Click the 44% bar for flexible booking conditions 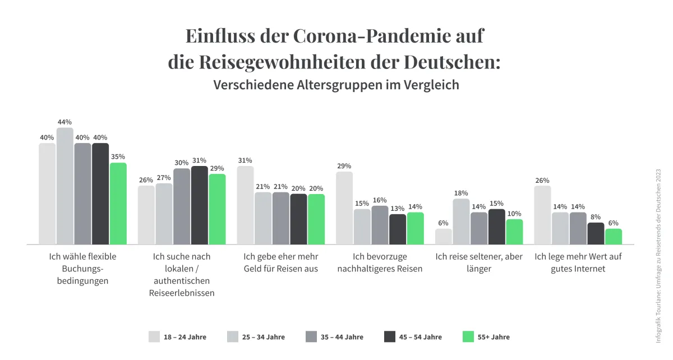click(x=64, y=186)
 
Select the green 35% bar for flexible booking click(x=118, y=204)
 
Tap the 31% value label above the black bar click(x=199, y=159)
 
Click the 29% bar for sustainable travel click(x=344, y=208)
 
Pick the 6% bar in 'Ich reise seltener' click(x=444, y=237)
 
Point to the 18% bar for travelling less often click(x=461, y=221)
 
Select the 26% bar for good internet click(x=542, y=215)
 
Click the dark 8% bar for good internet click(x=596, y=233)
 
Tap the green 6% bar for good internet click(x=614, y=237)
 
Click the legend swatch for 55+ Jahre click(x=468, y=336)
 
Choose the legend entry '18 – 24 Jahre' click(x=185, y=337)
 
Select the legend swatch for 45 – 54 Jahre click(x=390, y=336)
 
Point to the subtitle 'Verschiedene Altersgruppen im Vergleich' click(x=336, y=85)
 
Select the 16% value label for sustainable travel click(x=380, y=200)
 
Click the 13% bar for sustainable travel click(x=398, y=229)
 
